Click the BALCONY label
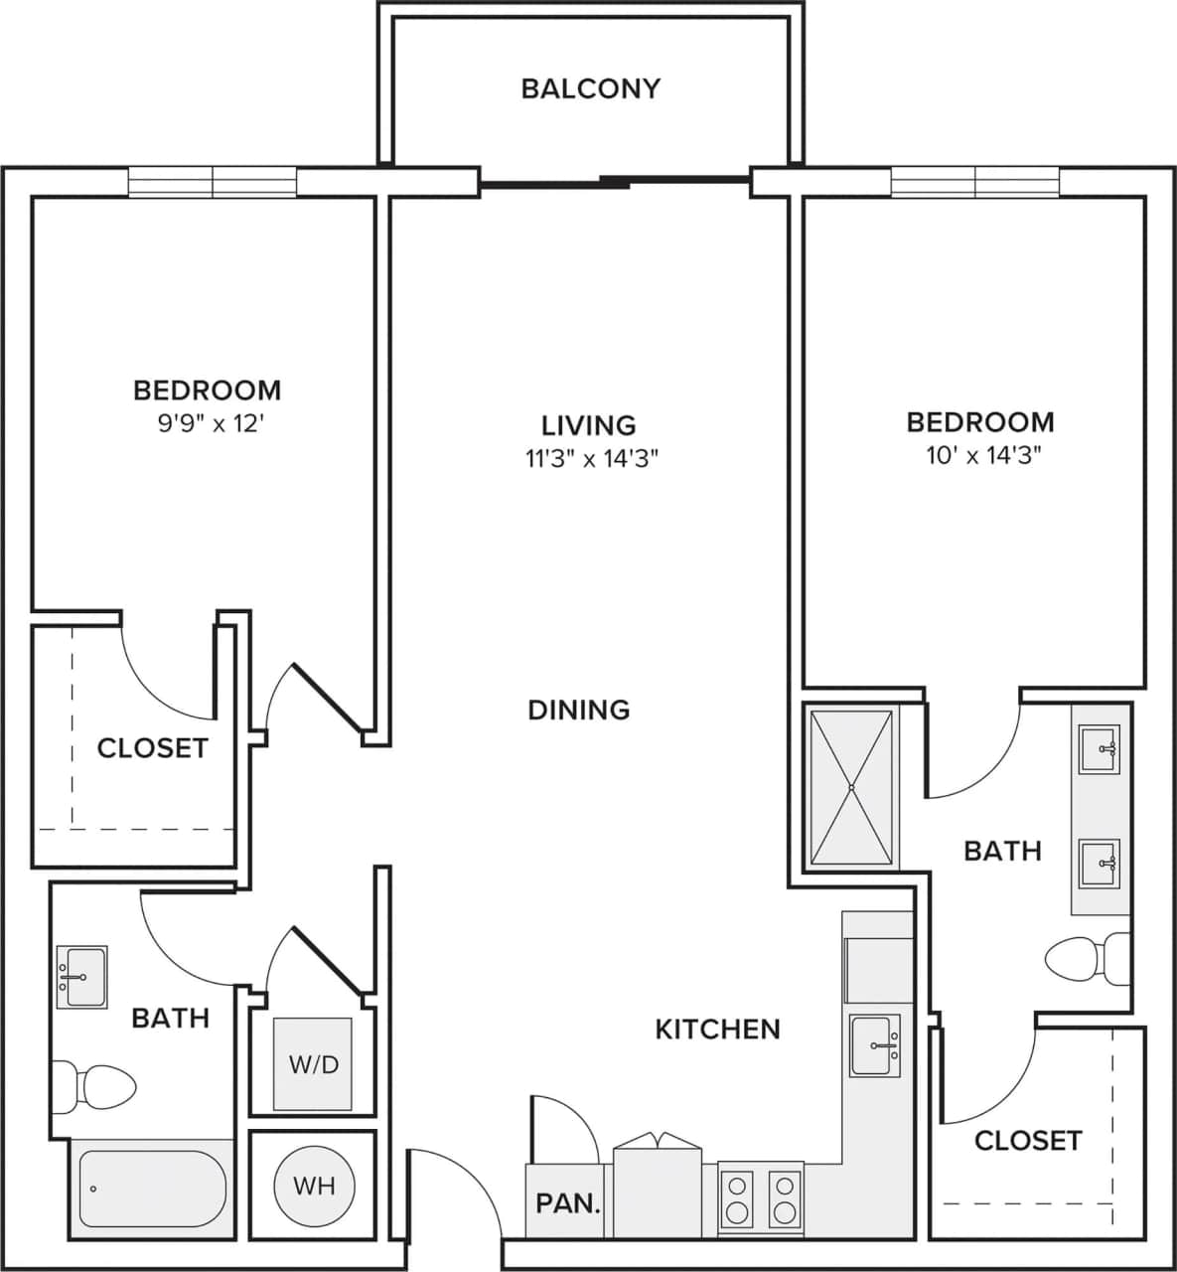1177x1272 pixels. [x=590, y=88]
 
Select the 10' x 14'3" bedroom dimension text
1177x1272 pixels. [x=980, y=456]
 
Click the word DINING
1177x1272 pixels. [x=579, y=710]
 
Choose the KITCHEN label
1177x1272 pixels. [x=717, y=1029]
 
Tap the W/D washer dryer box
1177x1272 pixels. [x=313, y=1064]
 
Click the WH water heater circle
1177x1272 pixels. [x=313, y=1185]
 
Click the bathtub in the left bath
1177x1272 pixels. [x=152, y=1189]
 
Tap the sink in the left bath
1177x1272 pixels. [x=81, y=977]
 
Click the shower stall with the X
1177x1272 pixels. [x=851, y=787]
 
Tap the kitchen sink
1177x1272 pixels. [x=875, y=1045]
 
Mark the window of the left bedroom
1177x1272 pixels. [x=213, y=182]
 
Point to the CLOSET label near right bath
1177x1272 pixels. [x=1027, y=1140]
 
